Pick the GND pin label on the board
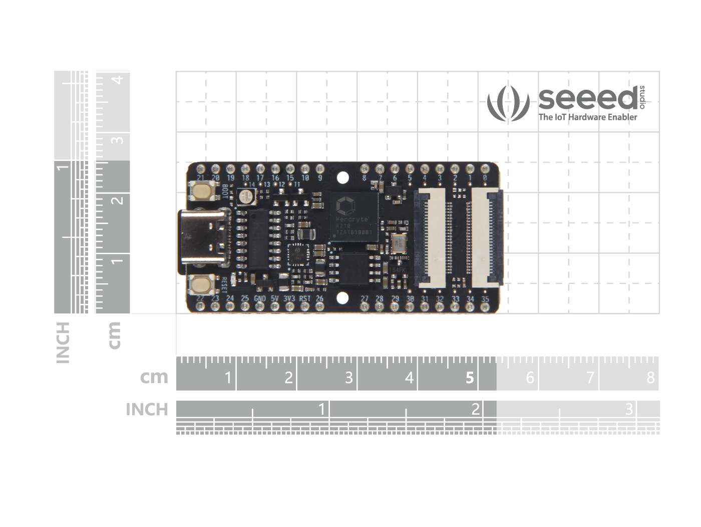260,299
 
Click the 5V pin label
275,299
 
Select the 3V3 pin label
289,299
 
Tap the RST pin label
304,299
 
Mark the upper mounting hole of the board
342,177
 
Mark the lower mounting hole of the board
342,298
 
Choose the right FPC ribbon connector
484,237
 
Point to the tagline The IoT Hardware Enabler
587,117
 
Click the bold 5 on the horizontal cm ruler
469,378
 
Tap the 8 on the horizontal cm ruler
650,378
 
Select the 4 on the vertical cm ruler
118,80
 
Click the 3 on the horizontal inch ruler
629,409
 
